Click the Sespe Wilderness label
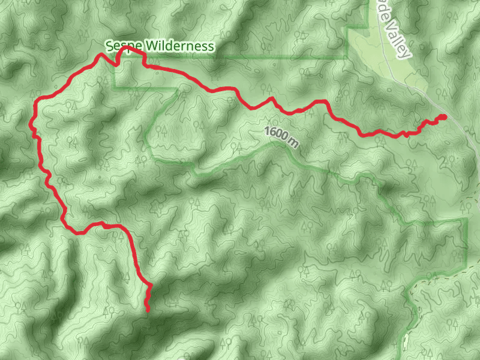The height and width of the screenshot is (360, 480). pyautogui.click(x=159, y=46)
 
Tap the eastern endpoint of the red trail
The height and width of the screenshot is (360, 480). pyautogui.click(x=444, y=116)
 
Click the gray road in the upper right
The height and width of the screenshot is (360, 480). pyautogui.click(x=420, y=84)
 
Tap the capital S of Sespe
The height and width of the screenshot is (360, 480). pyautogui.click(x=109, y=46)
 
